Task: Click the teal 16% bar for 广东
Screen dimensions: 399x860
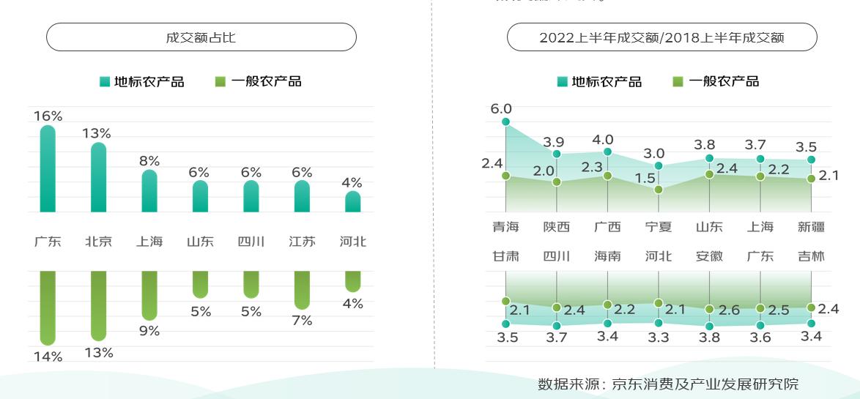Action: point(48,168)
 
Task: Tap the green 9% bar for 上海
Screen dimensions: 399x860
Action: point(149,295)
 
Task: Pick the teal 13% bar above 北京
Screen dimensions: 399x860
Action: point(98,177)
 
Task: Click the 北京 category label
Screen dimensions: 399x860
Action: point(98,242)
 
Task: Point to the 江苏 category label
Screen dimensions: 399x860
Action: point(302,242)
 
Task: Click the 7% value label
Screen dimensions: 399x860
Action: point(302,321)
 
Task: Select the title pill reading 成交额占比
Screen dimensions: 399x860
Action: point(201,37)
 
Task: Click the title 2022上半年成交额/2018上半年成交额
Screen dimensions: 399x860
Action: point(661,37)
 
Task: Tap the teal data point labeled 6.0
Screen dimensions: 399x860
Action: point(505,122)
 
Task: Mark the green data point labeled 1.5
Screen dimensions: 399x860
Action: point(659,190)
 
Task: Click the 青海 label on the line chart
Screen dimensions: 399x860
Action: point(505,227)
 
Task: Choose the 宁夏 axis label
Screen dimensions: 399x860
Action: point(659,227)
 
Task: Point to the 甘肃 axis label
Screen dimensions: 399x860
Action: point(505,256)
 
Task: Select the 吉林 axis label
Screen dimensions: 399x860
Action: point(811,256)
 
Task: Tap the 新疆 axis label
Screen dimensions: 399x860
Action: point(811,227)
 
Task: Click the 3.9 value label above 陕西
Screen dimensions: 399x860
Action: point(553,142)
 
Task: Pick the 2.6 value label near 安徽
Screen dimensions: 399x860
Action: point(730,310)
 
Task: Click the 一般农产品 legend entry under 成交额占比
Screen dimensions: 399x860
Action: point(259,81)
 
